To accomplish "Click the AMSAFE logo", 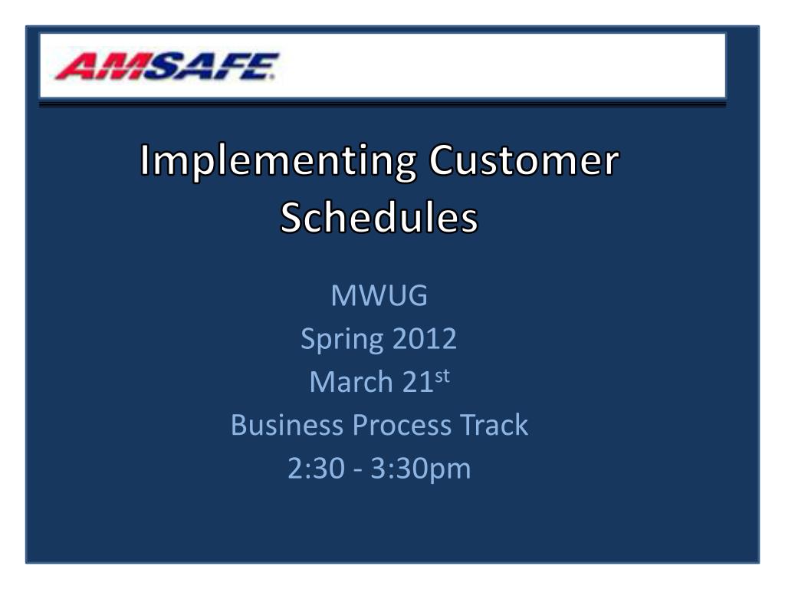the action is pos(166,66).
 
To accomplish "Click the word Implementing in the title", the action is pos(278,161).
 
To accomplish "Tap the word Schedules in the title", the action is pos(379,217).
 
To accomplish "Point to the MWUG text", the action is pos(379,295).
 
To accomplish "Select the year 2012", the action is pos(425,338).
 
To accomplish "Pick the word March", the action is pos(351,382).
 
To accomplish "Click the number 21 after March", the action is pos(418,382).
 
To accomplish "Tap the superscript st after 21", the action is pos(442,376).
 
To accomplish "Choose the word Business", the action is pos(287,425).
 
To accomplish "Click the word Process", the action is pos(402,425).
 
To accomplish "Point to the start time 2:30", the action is pos(317,469).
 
